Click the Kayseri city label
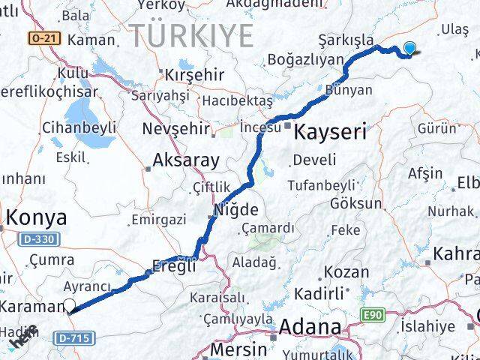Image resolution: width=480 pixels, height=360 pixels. pos(331,133)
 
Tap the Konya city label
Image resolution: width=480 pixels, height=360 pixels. pos(36,218)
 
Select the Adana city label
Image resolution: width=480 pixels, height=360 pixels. pos(310,328)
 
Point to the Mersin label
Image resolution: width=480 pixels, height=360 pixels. pos(238,349)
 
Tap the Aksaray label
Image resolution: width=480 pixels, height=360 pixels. pos(185,160)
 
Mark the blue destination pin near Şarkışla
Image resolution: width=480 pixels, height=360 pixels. pos(409,49)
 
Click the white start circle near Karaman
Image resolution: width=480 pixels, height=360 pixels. pos(70,304)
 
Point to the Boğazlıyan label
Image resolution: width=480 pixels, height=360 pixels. pos(305,59)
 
